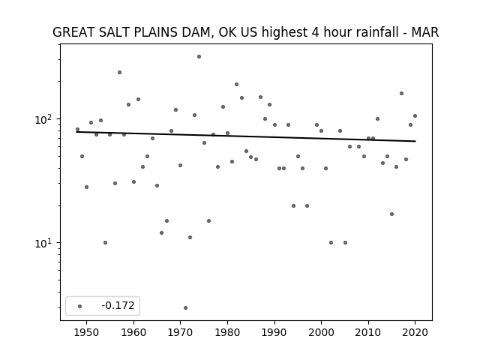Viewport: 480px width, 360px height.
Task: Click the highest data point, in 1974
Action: (199, 57)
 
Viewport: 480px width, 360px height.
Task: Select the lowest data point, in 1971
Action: (185, 308)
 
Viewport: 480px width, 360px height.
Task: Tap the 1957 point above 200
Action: (119, 73)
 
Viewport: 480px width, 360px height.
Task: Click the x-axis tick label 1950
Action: (87, 333)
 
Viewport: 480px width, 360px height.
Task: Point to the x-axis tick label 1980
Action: (227, 333)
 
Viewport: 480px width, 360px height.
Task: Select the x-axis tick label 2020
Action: (415, 333)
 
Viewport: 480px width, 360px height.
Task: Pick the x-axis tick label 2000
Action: (322, 333)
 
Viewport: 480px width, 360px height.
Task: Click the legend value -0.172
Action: (118, 305)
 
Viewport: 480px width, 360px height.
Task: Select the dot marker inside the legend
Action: (79, 306)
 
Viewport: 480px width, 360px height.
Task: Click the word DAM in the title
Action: (196, 32)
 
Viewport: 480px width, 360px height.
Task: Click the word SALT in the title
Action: (112, 32)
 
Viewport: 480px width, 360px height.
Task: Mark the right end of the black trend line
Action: (415, 141)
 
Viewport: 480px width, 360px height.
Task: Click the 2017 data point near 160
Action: (401, 93)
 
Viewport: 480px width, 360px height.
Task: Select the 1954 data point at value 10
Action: (105, 243)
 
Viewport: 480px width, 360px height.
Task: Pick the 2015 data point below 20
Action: (391, 214)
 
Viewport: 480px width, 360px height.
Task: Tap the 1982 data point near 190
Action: (237, 85)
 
